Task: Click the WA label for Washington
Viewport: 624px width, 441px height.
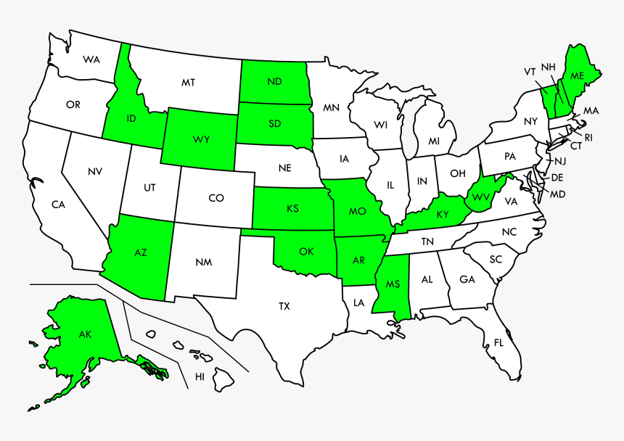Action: click(91, 59)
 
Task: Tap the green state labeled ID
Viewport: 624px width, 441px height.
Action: click(131, 118)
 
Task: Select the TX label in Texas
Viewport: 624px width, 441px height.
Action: click(284, 306)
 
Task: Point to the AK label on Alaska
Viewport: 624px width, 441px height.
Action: click(86, 334)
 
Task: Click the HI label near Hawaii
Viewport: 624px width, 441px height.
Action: click(200, 376)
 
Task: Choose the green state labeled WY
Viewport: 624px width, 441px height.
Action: click(201, 139)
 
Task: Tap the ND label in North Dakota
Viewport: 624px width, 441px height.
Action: click(274, 81)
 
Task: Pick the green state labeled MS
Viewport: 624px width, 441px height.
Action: click(393, 284)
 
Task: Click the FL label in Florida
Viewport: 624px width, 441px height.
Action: click(498, 342)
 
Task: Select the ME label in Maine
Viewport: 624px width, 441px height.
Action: click(577, 76)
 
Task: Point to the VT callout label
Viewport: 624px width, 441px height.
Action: click(530, 71)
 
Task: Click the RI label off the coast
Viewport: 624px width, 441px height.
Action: click(588, 137)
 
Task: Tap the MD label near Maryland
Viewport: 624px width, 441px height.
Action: click(557, 194)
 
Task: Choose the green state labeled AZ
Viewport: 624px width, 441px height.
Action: click(141, 252)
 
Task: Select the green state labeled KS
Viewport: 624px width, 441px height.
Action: click(292, 209)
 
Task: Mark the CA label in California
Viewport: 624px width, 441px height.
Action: click(58, 205)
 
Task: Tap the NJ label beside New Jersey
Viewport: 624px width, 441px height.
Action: click(560, 162)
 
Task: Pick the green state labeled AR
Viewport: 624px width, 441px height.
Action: click(358, 260)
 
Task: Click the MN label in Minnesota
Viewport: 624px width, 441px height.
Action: click(331, 108)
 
